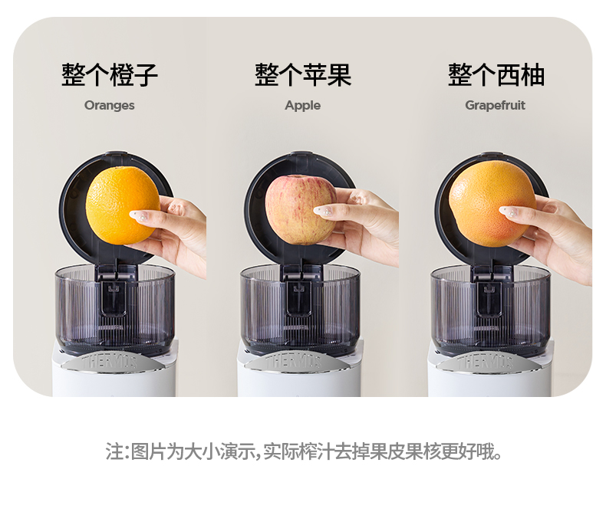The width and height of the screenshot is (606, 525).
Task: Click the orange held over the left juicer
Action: (123, 205)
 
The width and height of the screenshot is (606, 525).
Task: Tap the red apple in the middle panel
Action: (300, 209)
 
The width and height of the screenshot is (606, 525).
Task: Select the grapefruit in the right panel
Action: (492, 204)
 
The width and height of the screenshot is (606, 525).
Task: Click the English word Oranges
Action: (110, 106)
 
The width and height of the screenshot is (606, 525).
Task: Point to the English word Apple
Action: (302, 106)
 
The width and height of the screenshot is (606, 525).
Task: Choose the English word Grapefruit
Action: (495, 105)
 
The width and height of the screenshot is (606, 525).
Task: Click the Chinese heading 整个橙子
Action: (110, 74)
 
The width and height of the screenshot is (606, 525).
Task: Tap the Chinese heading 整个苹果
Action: (303, 74)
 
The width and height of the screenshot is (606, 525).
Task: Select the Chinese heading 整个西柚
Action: (496, 74)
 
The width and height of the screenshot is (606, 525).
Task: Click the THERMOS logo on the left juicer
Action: (110, 362)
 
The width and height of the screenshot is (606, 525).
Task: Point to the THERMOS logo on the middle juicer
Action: (293, 362)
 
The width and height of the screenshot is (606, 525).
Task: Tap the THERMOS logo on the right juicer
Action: (485, 362)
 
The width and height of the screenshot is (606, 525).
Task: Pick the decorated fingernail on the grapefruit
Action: (509, 212)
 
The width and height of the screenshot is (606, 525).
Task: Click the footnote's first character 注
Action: (114, 451)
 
